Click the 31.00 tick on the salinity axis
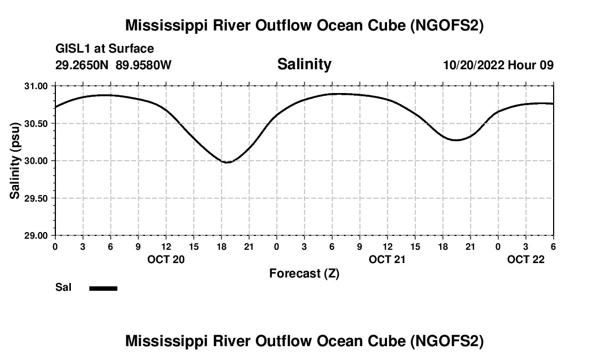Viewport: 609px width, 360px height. [37, 86]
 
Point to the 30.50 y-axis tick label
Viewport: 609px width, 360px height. [37, 124]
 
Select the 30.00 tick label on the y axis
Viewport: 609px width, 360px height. [37, 161]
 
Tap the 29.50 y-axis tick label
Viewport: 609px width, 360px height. [37, 198]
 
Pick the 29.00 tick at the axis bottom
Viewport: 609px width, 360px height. [37, 235]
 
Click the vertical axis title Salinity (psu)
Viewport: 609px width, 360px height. [15, 161]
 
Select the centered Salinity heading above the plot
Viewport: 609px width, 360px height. [304, 64]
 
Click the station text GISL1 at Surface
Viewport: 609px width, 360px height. [105, 49]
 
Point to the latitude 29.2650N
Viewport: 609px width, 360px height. [82, 65]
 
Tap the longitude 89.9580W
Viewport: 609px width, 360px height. [143, 65]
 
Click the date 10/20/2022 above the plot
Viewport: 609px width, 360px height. [474, 65]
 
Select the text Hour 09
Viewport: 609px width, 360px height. [531, 65]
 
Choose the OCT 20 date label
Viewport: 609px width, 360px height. [166, 259]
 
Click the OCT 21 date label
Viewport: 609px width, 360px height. [388, 259]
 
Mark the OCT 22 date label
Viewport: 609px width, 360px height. [526, 259]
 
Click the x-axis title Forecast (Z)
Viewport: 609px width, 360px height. [304, 274]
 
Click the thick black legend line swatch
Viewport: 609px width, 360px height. [103, 288]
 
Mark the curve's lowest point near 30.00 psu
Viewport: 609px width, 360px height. [226, 162]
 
